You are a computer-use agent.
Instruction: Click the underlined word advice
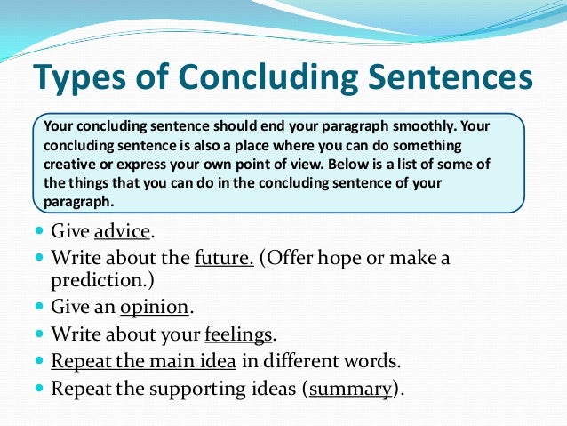point(123,232)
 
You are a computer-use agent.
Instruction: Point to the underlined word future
point(225,258)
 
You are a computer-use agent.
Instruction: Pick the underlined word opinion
point(155,307)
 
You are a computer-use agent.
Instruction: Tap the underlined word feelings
point(239,334)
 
